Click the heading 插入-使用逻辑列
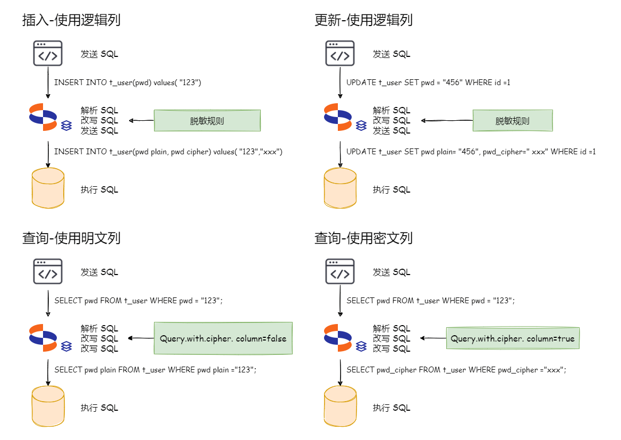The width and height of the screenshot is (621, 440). point(71,20)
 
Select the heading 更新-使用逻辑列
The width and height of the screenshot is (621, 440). point(363,20)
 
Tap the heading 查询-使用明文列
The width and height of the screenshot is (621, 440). point(71,238)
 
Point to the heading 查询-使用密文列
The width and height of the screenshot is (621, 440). point(363,238)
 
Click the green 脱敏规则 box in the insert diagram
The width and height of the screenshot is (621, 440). point(207,121)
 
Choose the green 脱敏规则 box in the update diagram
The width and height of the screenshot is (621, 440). point(513,121)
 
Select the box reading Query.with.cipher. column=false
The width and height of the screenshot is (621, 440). point(223,338)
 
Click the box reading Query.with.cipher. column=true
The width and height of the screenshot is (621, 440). point(513,338)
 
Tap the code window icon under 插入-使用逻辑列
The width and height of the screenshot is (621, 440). point(48,53)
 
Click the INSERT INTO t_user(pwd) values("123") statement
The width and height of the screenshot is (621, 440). point(127,82)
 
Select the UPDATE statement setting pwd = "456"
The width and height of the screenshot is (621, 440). point(428,82)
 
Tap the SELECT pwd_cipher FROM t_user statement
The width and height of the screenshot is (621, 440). point(456,369)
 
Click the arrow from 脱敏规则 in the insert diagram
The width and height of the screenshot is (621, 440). point(141,121)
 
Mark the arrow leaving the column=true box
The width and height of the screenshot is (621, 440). point(433,338)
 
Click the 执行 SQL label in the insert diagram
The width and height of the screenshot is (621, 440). point(99,190)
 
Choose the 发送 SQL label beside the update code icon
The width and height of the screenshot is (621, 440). point(392,54)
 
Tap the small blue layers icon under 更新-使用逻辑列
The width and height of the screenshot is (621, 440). point(361,126)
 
